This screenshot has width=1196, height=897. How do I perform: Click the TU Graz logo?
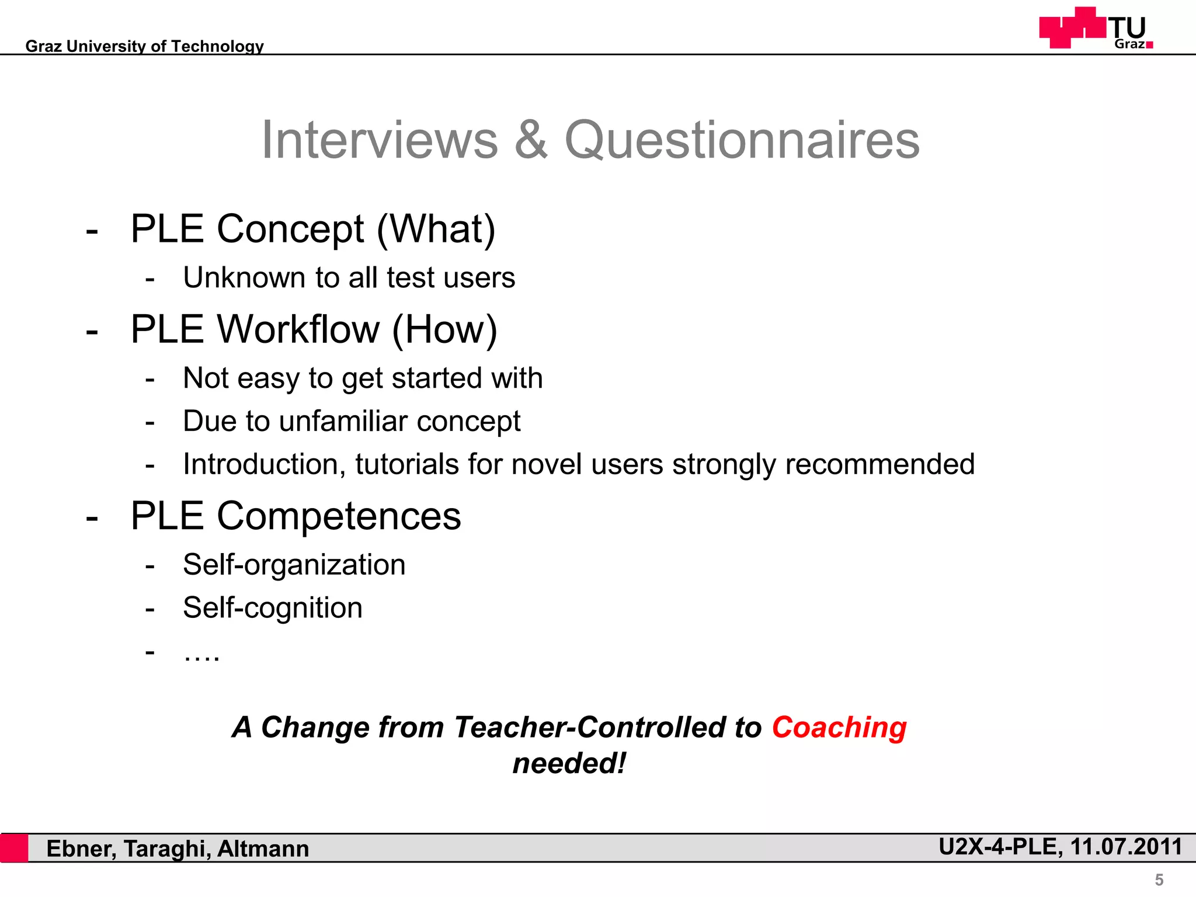click(1096, 28)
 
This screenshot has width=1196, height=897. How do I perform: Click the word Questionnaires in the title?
click(742, 140)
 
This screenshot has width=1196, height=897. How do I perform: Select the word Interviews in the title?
click(380, 140)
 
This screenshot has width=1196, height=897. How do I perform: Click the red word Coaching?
click(839, 728)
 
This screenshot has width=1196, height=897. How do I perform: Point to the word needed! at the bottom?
click(569, 764)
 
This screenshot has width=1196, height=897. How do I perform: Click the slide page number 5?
click(1159, 879)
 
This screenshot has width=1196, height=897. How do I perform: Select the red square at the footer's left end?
click(14, 848)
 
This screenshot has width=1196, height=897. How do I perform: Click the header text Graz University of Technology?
click(144, 46)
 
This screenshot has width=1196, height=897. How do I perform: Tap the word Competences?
click(339, 516)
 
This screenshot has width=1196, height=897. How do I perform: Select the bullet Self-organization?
click(294, 565)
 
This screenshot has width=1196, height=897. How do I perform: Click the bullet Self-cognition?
click(272, 608)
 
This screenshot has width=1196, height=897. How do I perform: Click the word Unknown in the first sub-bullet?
click(244, 277)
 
